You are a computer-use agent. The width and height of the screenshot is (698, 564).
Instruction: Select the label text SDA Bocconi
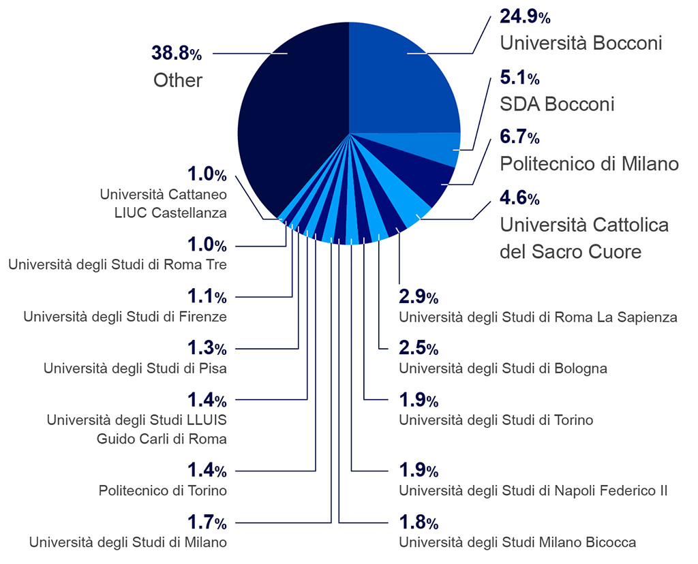[x=557, y=104]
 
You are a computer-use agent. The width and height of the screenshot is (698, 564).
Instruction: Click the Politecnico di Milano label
[x=589, y=163]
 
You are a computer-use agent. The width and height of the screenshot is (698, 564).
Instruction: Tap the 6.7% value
[x=519, y=138]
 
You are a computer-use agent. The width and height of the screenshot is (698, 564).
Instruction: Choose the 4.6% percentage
[x=519, y=199]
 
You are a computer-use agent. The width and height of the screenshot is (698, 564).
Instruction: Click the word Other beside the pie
[x=178, y=80]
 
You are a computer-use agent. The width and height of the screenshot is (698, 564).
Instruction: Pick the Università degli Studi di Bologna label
[x=503, y=369]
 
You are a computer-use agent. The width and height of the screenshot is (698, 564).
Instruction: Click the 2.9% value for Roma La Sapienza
[x=419, y=297]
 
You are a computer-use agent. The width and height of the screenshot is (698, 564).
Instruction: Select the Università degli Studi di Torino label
[x=496, y=420]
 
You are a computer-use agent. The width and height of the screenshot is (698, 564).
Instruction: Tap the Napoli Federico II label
[x=533, y=490]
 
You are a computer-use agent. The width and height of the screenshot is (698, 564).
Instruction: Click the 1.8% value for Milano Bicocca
[x=419, y=522]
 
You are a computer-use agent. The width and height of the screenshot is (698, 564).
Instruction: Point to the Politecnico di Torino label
[x=162, y=490]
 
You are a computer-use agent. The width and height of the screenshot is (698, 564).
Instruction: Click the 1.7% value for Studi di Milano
[x=207, y=522]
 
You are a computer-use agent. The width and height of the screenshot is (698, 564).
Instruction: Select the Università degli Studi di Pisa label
[x=135, y=369]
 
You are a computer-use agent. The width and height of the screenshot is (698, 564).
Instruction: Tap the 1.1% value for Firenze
[x=207, y=296]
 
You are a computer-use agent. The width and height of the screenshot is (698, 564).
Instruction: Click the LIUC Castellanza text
[x=170, y=213]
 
